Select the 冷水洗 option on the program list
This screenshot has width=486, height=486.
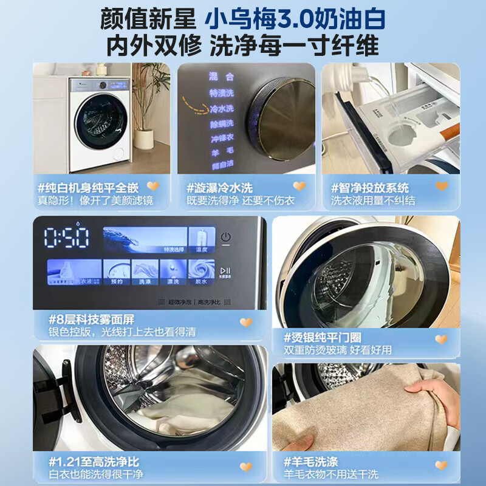coord(222,109)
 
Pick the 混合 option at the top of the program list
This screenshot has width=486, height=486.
coord(222,77)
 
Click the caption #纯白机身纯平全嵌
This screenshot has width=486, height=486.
coord(88,188)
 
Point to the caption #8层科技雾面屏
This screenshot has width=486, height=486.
coord(91,320)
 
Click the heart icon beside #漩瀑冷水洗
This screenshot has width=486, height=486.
coord(299,187)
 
